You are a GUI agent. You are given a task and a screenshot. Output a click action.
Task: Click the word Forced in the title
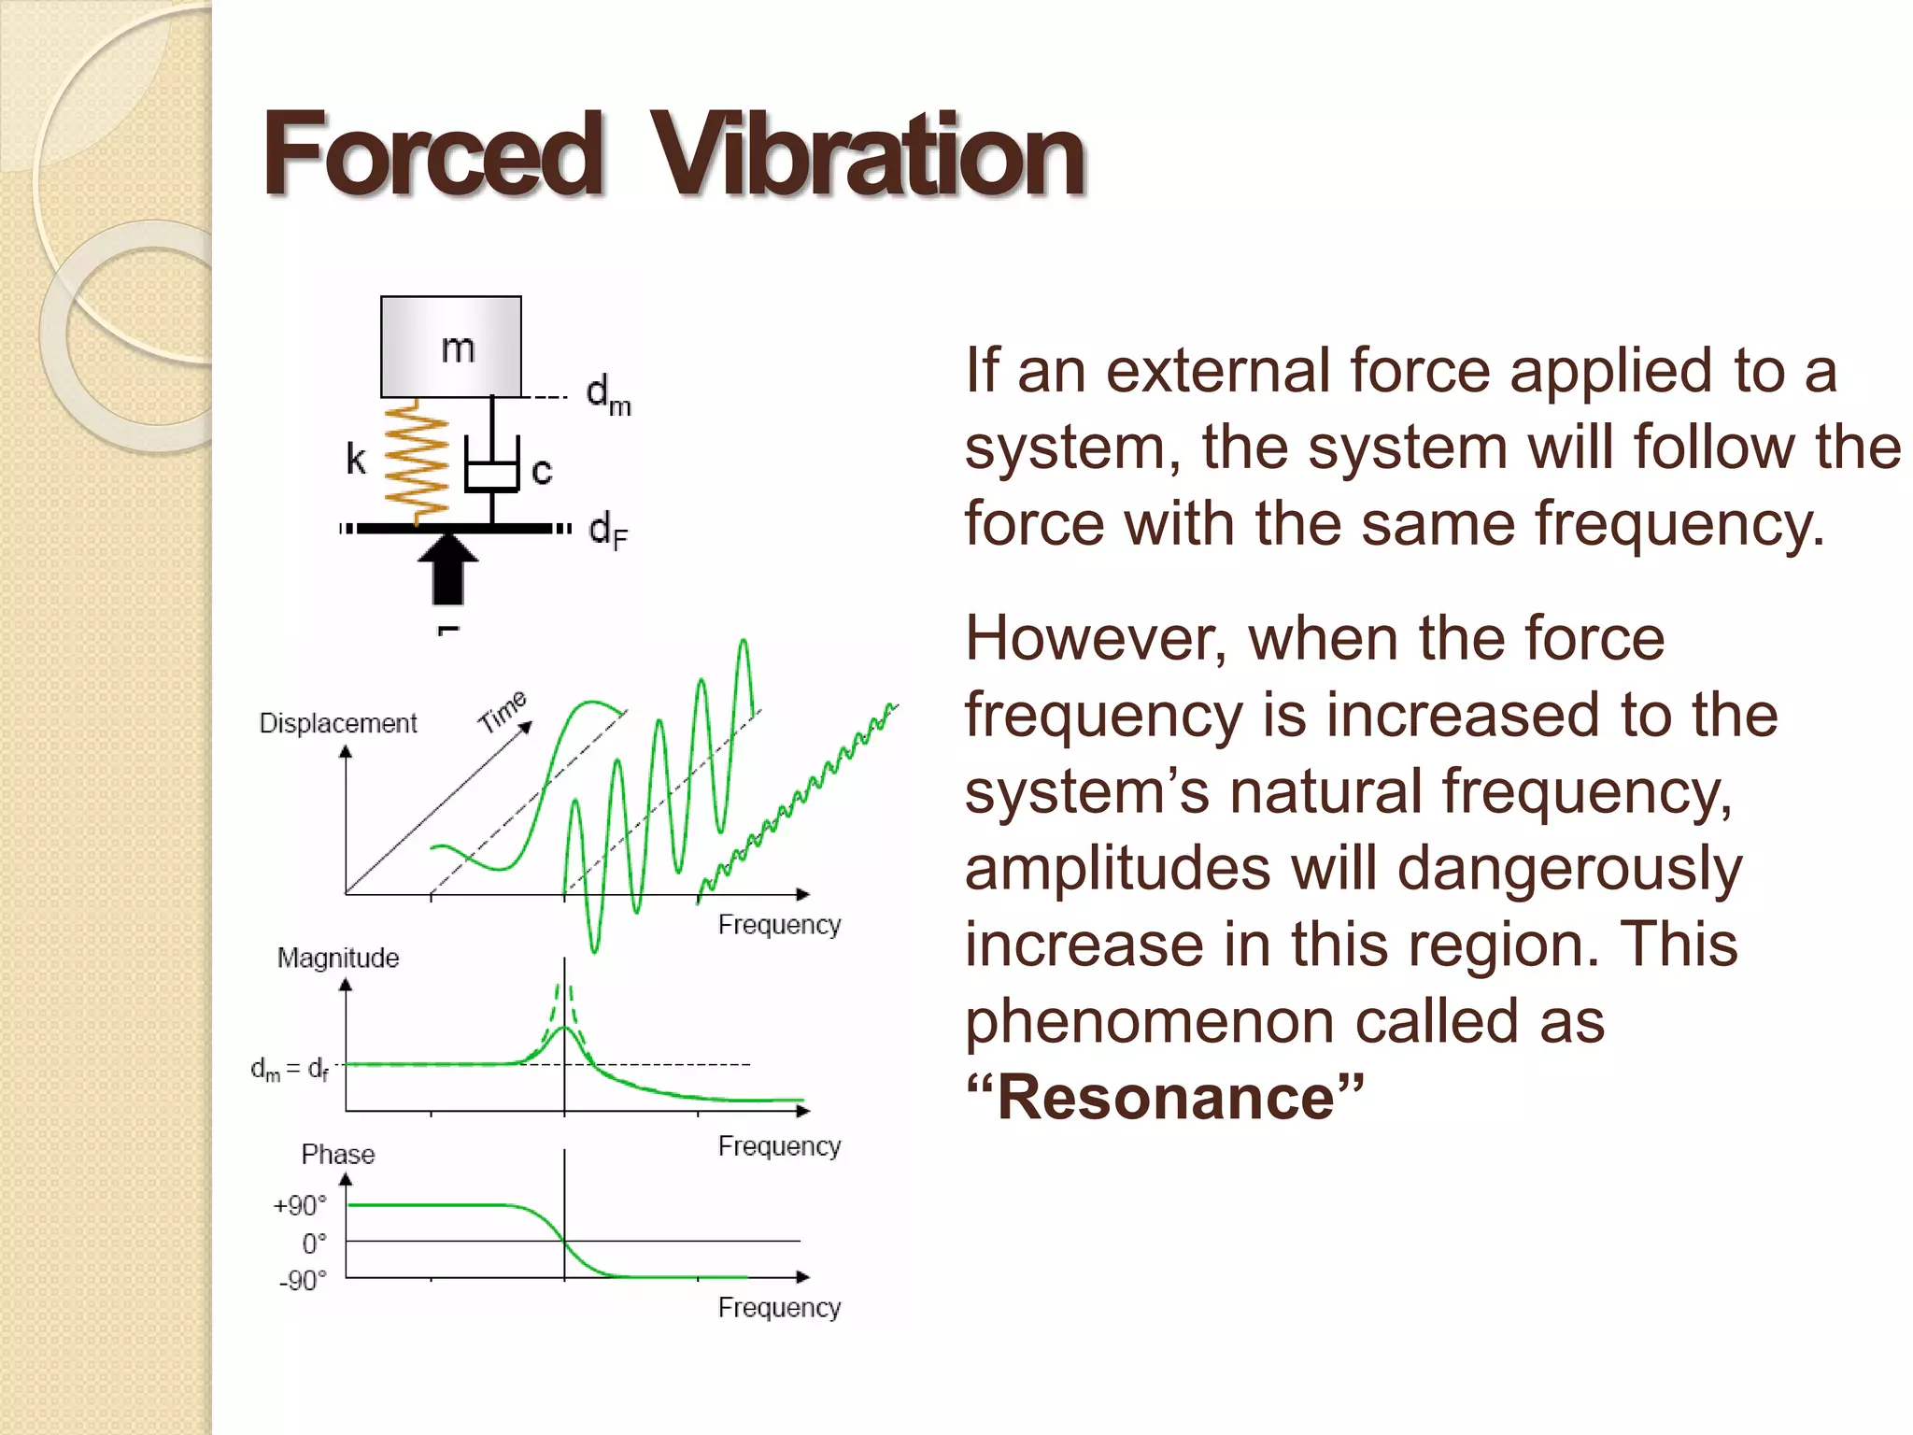coord(432,155)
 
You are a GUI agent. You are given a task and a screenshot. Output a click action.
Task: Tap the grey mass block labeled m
coord(451,347)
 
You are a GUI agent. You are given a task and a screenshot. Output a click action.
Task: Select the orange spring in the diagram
coord(418,460)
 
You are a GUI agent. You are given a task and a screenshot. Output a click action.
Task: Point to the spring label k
coord(356,460)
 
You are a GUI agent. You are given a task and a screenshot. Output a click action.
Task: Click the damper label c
coord(542,470)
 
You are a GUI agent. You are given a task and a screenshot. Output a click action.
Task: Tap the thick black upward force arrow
coord(448,567)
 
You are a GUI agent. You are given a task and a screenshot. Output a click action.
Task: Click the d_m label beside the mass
coord(608,395)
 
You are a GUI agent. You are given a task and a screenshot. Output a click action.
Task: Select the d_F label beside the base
coord(608,531)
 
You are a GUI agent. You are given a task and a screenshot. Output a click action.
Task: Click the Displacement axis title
coord(338,723)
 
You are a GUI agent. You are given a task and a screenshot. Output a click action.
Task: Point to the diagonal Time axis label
coord(503,712)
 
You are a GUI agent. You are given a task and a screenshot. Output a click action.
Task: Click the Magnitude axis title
coord(338,958)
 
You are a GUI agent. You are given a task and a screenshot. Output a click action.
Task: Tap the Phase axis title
coord(338,1155)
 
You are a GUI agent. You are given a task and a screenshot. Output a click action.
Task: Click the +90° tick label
coord(301,1206)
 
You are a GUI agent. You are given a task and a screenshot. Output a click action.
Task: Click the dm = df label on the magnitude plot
coord(290,1068)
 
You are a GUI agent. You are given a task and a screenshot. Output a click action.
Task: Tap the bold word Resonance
coord(1166,1097)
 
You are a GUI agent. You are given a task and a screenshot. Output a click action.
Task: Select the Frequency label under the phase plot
coord(779,1308)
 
